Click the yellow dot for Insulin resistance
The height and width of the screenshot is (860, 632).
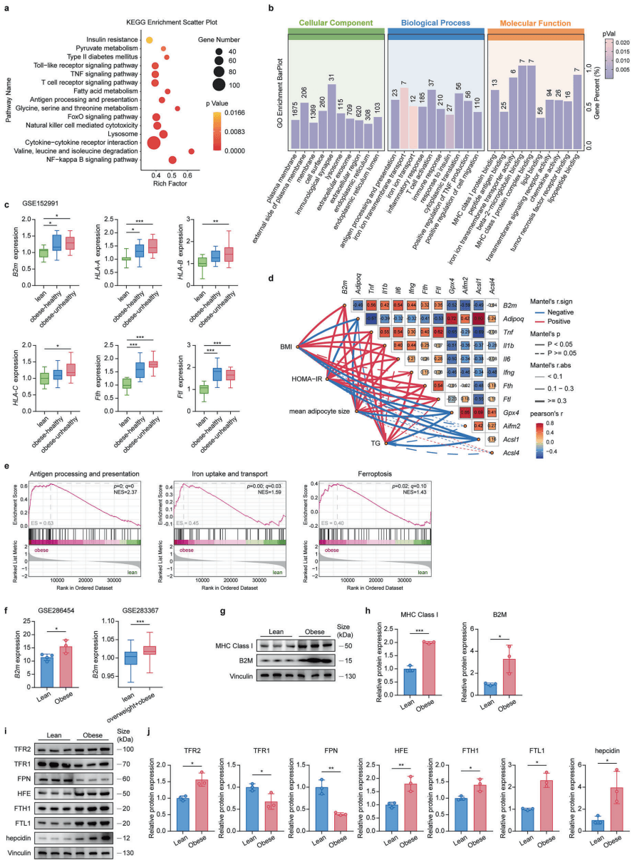point(150,39)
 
